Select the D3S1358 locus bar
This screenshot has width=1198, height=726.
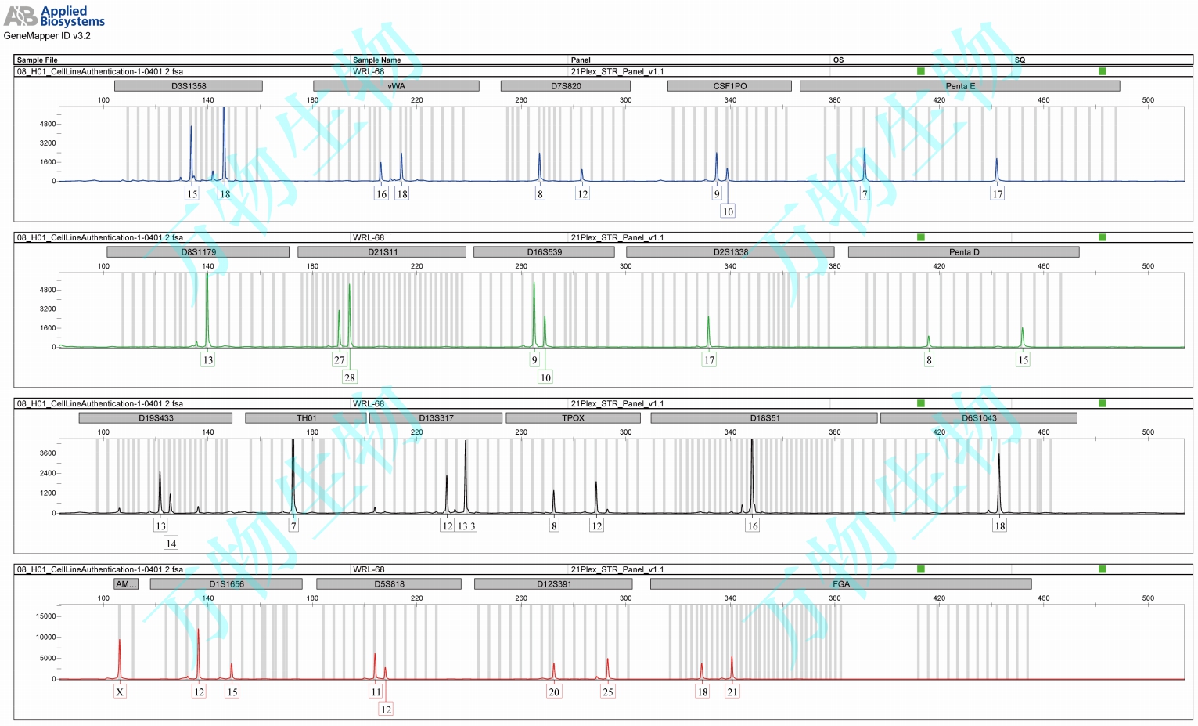pos(189,86)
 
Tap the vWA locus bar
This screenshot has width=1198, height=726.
pos(396,86)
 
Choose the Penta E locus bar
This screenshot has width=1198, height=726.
pos(959,86)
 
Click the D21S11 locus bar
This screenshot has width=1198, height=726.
pos(382,252)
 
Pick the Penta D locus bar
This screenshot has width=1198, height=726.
pos(963,252)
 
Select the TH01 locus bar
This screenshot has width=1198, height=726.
pos(306,418)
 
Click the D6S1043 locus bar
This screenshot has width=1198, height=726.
pos(978,418)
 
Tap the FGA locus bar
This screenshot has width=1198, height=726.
pos(840,584)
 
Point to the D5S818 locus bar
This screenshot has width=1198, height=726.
pos(389,584)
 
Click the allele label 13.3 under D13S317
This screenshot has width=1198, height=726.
pos(466,526)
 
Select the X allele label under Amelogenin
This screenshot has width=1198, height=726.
pos(120,692)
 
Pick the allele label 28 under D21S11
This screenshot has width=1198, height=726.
pos(349,377)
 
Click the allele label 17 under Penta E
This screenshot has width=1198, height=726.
pos(997,193)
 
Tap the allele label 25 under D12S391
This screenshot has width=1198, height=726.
pos(608,692)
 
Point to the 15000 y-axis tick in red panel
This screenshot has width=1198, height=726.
pos(46,616)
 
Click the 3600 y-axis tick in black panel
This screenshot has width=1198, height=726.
pos(48,453)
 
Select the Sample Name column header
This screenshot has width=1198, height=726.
pos(376,60)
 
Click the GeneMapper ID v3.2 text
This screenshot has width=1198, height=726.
pos(47,36)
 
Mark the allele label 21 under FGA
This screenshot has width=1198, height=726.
pos(732,692)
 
